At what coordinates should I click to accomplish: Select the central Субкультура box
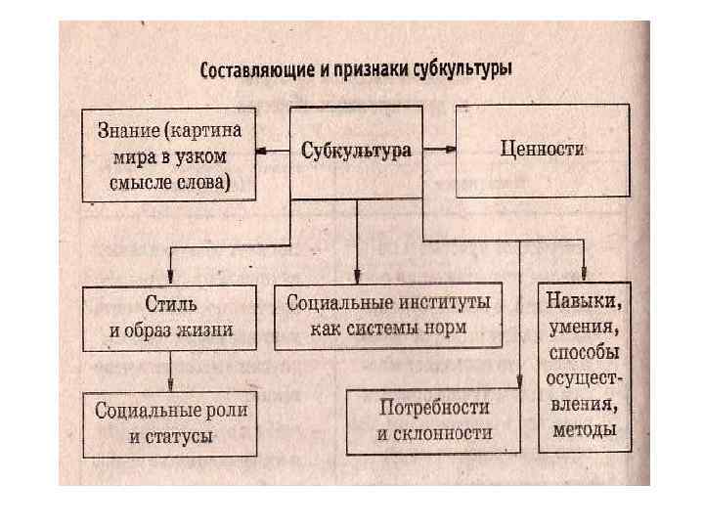tap(356, 151)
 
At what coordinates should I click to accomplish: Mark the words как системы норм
tap(388, 328)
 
